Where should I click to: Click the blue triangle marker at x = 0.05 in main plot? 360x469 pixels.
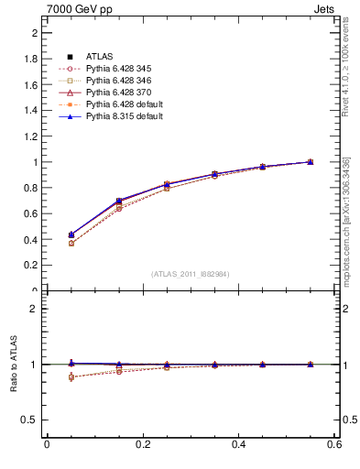click(x=71, y=234)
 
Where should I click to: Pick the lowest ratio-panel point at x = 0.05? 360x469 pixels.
click(x=71, y=377)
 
